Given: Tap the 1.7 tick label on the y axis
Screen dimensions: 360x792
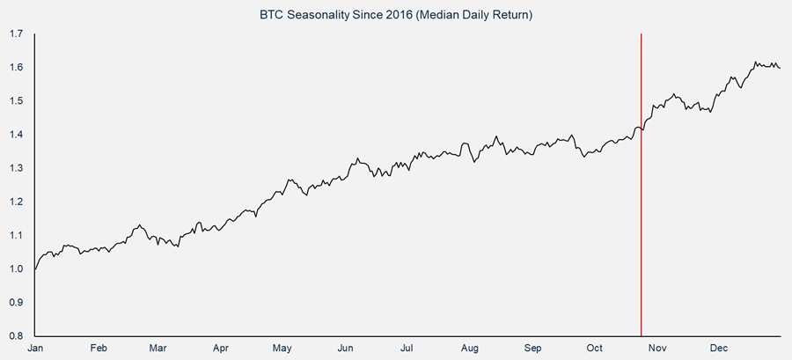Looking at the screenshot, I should coord(16,34).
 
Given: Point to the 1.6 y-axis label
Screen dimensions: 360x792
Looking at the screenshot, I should coord(16,68).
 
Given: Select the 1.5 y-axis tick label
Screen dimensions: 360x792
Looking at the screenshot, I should coord(16,101).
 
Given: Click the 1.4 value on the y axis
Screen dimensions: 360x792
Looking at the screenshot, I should coord(16,135).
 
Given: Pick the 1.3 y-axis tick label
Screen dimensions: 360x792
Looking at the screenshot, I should coord(16,168).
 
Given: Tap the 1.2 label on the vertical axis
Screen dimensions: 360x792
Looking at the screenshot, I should coord(16,202).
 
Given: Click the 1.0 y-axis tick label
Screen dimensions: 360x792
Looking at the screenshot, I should coord(16,268).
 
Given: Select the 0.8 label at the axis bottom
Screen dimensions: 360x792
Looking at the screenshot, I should coord(16,335).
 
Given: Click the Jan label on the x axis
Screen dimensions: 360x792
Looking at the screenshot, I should coord(34,349).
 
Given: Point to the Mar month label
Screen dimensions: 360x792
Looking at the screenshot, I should coord(159,349).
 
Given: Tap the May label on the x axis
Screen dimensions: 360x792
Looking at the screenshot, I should coord(282,349).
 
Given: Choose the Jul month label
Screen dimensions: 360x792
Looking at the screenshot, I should coord(407,349).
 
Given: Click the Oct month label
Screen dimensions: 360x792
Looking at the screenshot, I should coord(595,349).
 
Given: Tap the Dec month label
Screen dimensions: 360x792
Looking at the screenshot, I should coord(719,349).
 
